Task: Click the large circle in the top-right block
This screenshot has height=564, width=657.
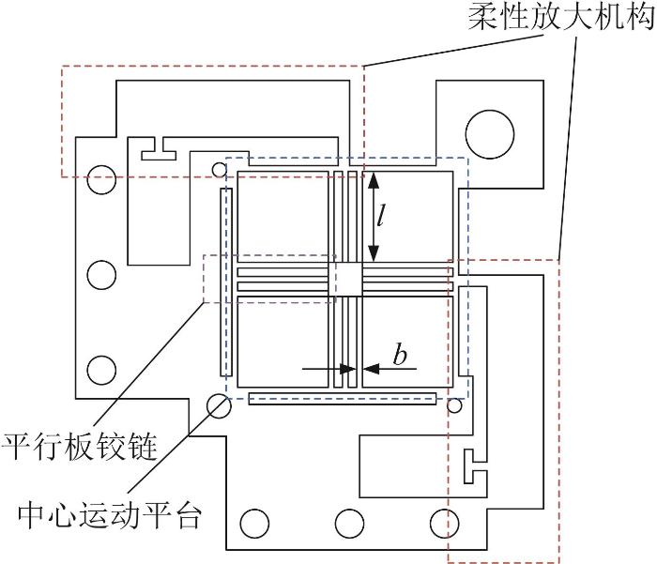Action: point(490,131)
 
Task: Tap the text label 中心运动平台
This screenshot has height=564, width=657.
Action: point(110,513)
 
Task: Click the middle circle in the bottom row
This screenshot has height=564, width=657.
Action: point(347,521)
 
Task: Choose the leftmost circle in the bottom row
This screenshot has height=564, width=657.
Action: point(253,521)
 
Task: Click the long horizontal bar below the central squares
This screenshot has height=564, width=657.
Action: point(343,400)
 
